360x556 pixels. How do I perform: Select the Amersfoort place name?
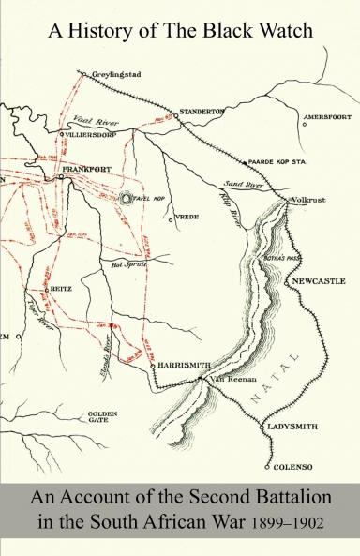pos(325,117)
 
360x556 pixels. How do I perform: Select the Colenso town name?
pos(292,466)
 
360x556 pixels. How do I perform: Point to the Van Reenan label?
pos(224,379)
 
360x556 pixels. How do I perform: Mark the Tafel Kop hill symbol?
pos(128,199)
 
